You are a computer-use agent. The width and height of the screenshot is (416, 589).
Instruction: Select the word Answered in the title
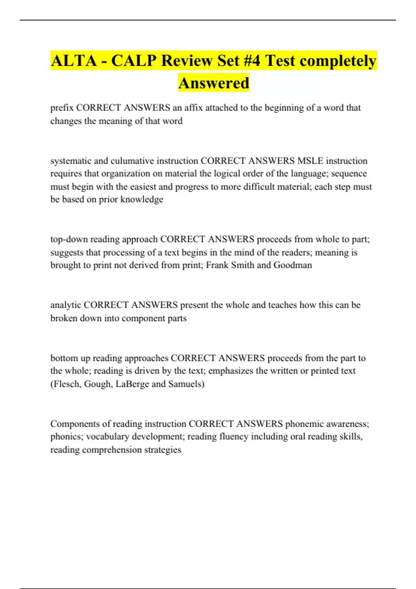click(x=214, y=83)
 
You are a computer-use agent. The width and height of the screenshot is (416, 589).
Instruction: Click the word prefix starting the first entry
click(x=62, y=108)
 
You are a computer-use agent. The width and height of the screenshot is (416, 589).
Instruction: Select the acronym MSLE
click(x=310, y=161)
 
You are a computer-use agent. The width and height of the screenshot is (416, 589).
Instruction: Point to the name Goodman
click(x=293, y=265)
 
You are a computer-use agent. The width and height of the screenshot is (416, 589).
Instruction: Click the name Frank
click(x=217, y=265)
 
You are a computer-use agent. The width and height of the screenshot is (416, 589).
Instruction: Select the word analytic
click(x=66, y=305)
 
